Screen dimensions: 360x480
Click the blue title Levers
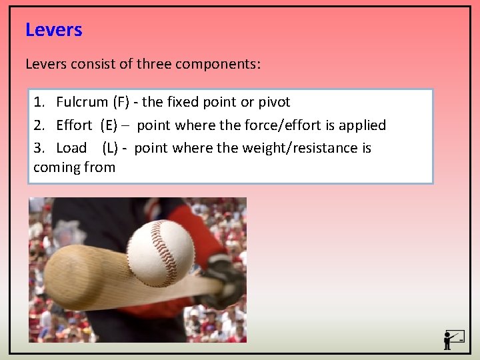(53, 30)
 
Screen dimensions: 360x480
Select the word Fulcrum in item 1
(81, 102)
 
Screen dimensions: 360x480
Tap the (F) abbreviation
(121, 102)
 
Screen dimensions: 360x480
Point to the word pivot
(274, 102)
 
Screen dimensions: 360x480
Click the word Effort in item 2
(74, 125)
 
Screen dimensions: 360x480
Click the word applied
(361, 125)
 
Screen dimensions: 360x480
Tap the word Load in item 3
(71, 148)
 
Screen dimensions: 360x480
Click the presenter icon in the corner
(453, 339)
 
